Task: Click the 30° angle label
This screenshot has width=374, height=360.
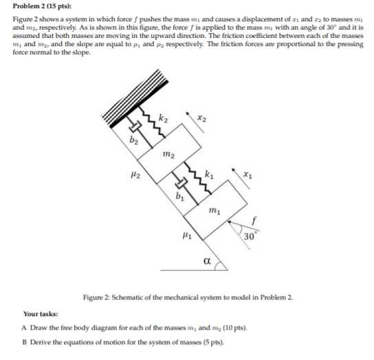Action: coord(250,238)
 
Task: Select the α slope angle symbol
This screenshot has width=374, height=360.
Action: coord(207,261)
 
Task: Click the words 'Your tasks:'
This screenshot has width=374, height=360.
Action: coord(40,313)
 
